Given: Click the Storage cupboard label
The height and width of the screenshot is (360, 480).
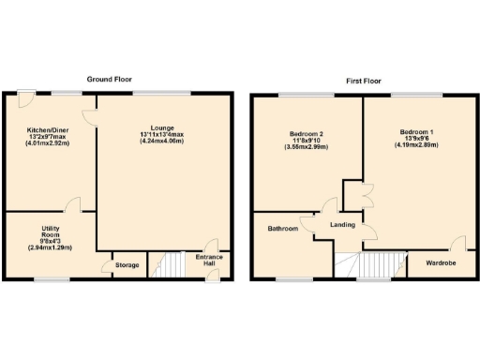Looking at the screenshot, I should pyautogui.click(x=127, y=265).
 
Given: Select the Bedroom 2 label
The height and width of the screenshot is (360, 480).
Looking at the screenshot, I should pyautogui.click(x=304, y=133).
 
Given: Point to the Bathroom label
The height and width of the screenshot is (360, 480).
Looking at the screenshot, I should pyautogui.click(x=282, y=229).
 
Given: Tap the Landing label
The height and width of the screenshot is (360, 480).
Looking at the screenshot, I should pyautogui.click(x=340, y=225).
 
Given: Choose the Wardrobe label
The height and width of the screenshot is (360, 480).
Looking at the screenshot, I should pyautogui.click(x=441, y=263).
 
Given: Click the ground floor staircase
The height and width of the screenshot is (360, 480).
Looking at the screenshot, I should pyautogui.click(x=172, y=264).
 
